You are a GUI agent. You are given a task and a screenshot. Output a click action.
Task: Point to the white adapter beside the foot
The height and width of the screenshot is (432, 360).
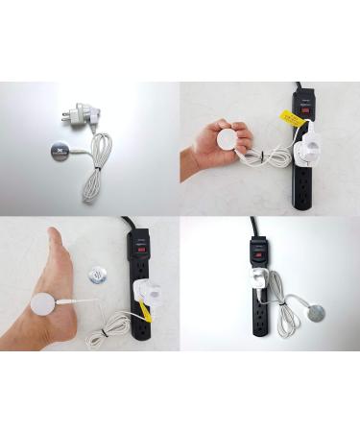click(142, 294)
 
